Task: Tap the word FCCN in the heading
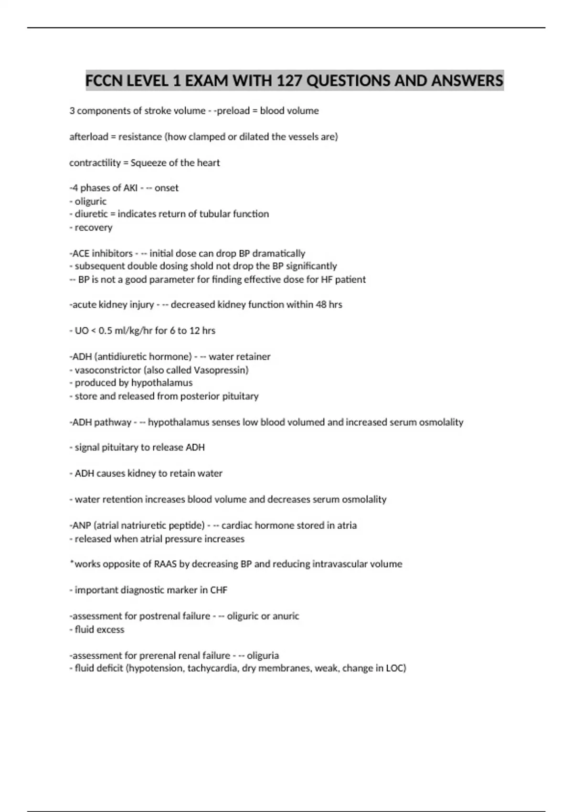tap(104, 80)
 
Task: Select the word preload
tap(233, 111)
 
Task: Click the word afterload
tap(89, 137)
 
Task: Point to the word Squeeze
tap(148, 163)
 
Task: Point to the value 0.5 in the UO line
tap(105, 331)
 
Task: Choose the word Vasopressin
tap(221, 370)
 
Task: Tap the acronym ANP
tap(82, 525)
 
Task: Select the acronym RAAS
tap(165, 564)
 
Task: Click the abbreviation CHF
tap(219, 590)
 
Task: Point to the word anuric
tap(286, 616)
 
